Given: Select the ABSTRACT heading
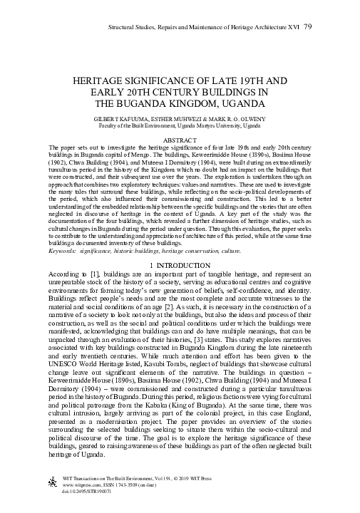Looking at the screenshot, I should (180, 141).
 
